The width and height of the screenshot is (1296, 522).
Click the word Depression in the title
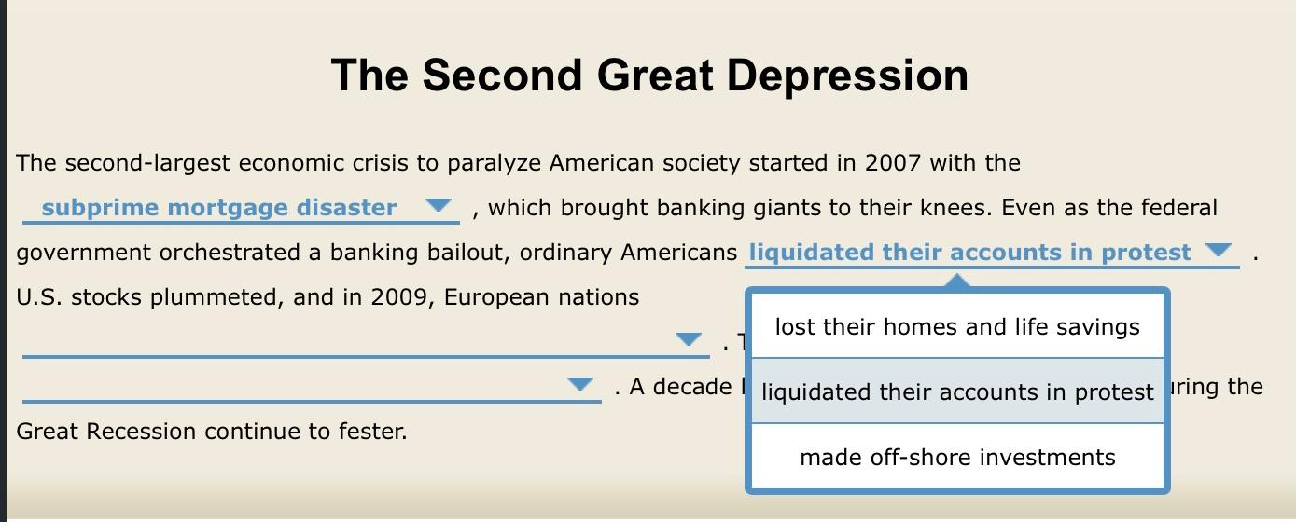pyautogui.click(x=847, y=76)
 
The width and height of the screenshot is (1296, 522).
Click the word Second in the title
pyautogui.click(x=502, y=76)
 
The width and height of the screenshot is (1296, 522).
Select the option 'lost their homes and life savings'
pyautogui.click(x=957, y=326)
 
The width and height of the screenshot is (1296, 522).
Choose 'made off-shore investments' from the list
pyautogui.click(x=957, y=458)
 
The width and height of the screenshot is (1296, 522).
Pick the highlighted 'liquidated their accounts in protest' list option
pyautogui.click(x=957, y=391)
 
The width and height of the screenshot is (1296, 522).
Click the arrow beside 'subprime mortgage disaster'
pyautogui.click(x=438, y=205)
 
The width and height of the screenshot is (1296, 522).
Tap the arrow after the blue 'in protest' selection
pyautogui.click(x=1219, y=250)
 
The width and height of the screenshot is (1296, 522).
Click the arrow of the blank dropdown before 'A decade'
pyautogui.click(x=580, y=384)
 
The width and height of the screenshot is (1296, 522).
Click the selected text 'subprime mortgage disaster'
pyautogui.click(x=218, y=208)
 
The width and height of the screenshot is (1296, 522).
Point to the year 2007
pyautogui.click(x=893, y=163)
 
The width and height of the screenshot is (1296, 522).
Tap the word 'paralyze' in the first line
pyautogui.click(x=494, y=164)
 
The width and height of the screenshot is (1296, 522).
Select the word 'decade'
pyautogui.click(x=692, y=387)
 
